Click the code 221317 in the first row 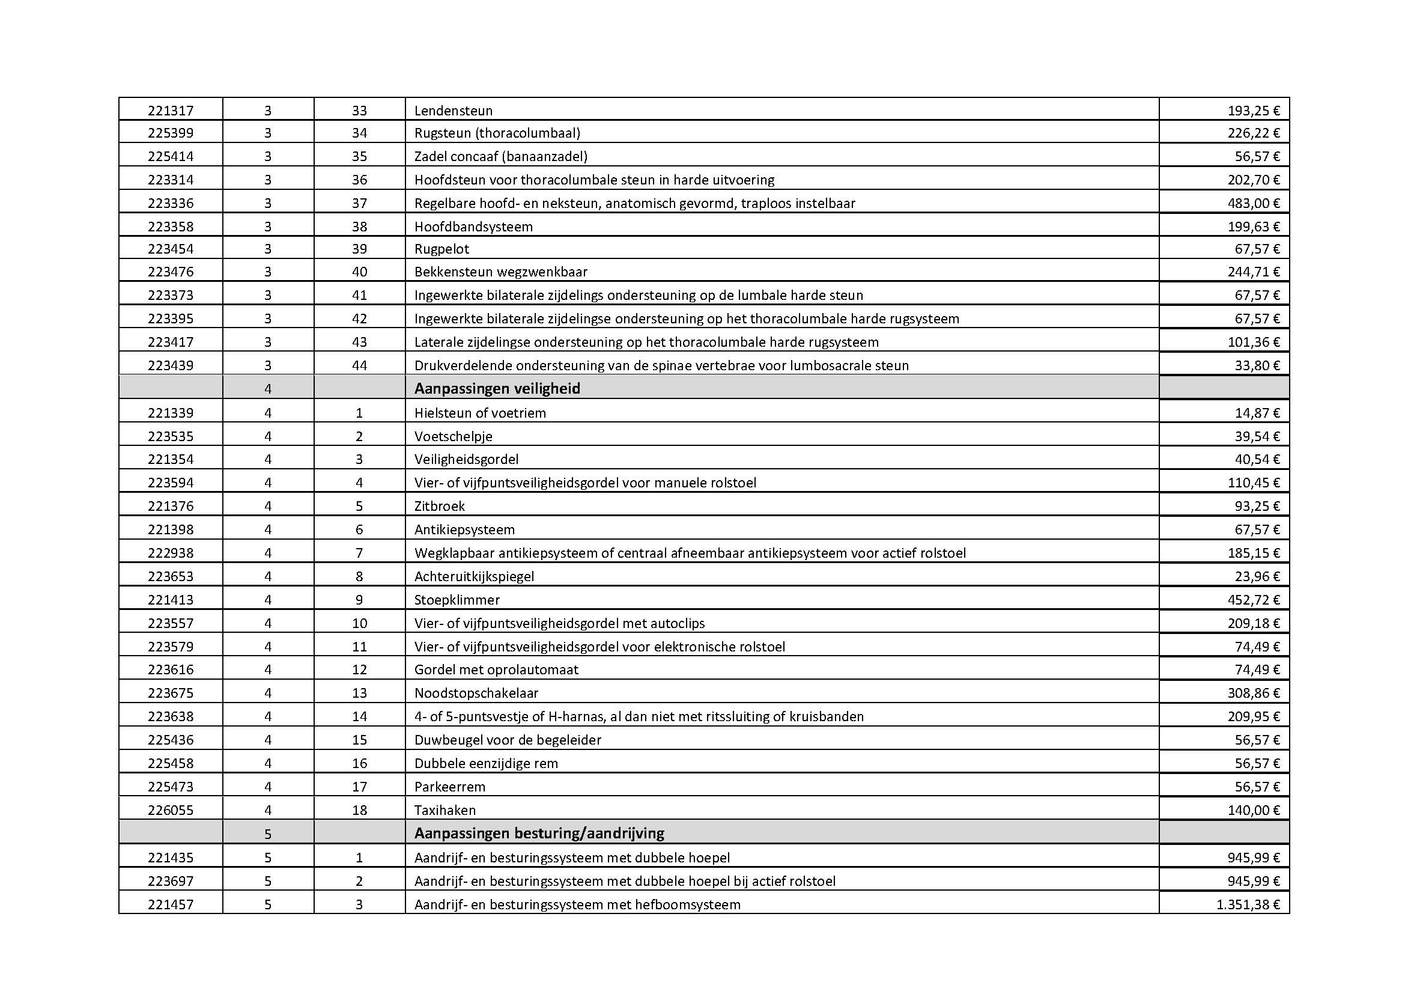click(170, 111)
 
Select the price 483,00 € click(1253, 203)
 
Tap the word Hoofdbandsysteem click(473, 227)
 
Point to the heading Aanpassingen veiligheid click(497, 389)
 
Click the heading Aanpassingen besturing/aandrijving click(538, 833)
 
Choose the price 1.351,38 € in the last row click(1248, 904)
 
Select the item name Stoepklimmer click(457, 600)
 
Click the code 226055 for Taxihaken click(170, 810)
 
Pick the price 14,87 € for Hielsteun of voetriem click(1257, 412)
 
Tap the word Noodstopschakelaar click(476, 693)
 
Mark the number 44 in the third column click(359, 365)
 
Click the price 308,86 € click(1253, 693)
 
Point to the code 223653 click(170, 576)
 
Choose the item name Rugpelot click(442, 249)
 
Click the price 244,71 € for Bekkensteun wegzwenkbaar click(1253, 272)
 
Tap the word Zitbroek click(439, 506)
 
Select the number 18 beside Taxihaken click(359, 810)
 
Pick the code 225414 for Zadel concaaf click(170, 156)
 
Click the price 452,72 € click(1253, 600)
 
